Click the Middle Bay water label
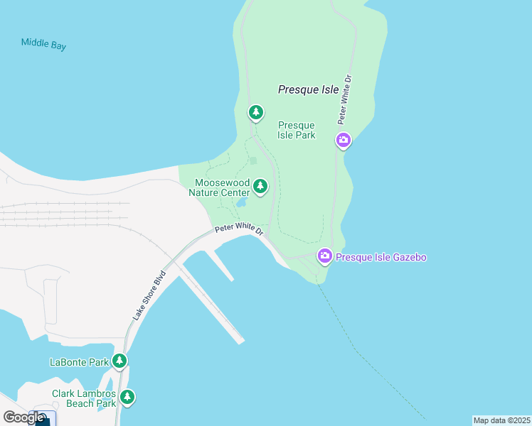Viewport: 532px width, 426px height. click(x=43, y=43)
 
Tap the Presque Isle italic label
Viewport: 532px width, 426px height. click(x=308, y=89)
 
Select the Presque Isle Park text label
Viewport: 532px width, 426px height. click(x=297, y=130)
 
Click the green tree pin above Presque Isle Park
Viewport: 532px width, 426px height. click(x=256, y=112)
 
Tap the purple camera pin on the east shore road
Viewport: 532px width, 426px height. click(x=344, y=141)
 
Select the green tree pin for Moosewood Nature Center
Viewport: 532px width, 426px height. click(x=261, y=187)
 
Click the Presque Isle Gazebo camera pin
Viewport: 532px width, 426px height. click(x=324, y=256)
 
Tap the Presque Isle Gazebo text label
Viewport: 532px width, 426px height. click(x=381, y=257)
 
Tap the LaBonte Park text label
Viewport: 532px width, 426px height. click(x=79, y=362)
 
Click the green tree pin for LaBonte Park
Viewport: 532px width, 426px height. click(x=119, y=361)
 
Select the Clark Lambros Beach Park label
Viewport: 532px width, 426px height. click(x=84, y=398)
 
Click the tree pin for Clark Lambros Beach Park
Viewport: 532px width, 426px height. click(x=127, y=397)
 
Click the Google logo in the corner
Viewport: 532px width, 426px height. click(x=23, y=417)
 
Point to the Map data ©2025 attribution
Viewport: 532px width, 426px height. click(x=501, y=420)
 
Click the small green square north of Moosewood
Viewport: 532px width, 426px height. click(x=252, y=160)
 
